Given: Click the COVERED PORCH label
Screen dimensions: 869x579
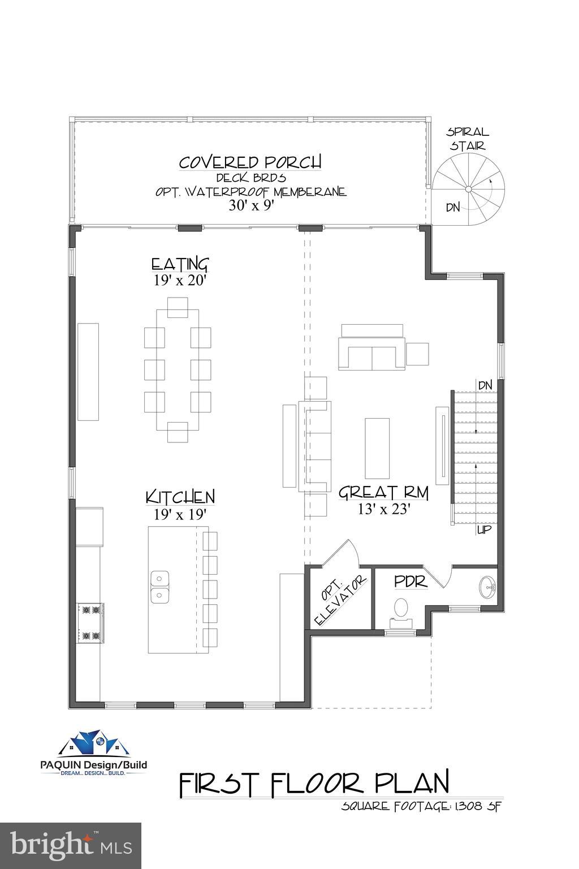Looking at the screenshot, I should click(x=250, y=162).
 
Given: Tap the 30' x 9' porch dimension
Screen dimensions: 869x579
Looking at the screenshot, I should click(x=251, y=205).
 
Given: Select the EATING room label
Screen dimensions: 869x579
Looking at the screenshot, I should click(x=180, y=265).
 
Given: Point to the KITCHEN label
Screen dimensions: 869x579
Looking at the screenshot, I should click(x=180, y=497).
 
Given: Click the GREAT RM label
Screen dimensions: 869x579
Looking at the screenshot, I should click(x=383, y=493).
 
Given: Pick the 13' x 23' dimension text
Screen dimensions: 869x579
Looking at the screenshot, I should click(x=383, y=509).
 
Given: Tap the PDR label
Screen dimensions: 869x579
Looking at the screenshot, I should click(x=411, y=582).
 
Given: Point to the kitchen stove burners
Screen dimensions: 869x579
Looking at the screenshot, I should click(x=90, y=623).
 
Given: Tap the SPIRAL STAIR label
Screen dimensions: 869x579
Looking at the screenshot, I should click(x=468, y=139).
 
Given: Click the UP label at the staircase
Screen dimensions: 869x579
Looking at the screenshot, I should click(x=485, y=530).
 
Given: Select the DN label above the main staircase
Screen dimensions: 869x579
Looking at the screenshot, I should click(x=485, y=385).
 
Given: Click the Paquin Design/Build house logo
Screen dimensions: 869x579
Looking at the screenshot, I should click(x=93, y=744).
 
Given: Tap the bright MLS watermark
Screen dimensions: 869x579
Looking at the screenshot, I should click(x=71, y=845).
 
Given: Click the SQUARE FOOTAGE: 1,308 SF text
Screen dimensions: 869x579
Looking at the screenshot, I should click(x=421, y=806).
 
